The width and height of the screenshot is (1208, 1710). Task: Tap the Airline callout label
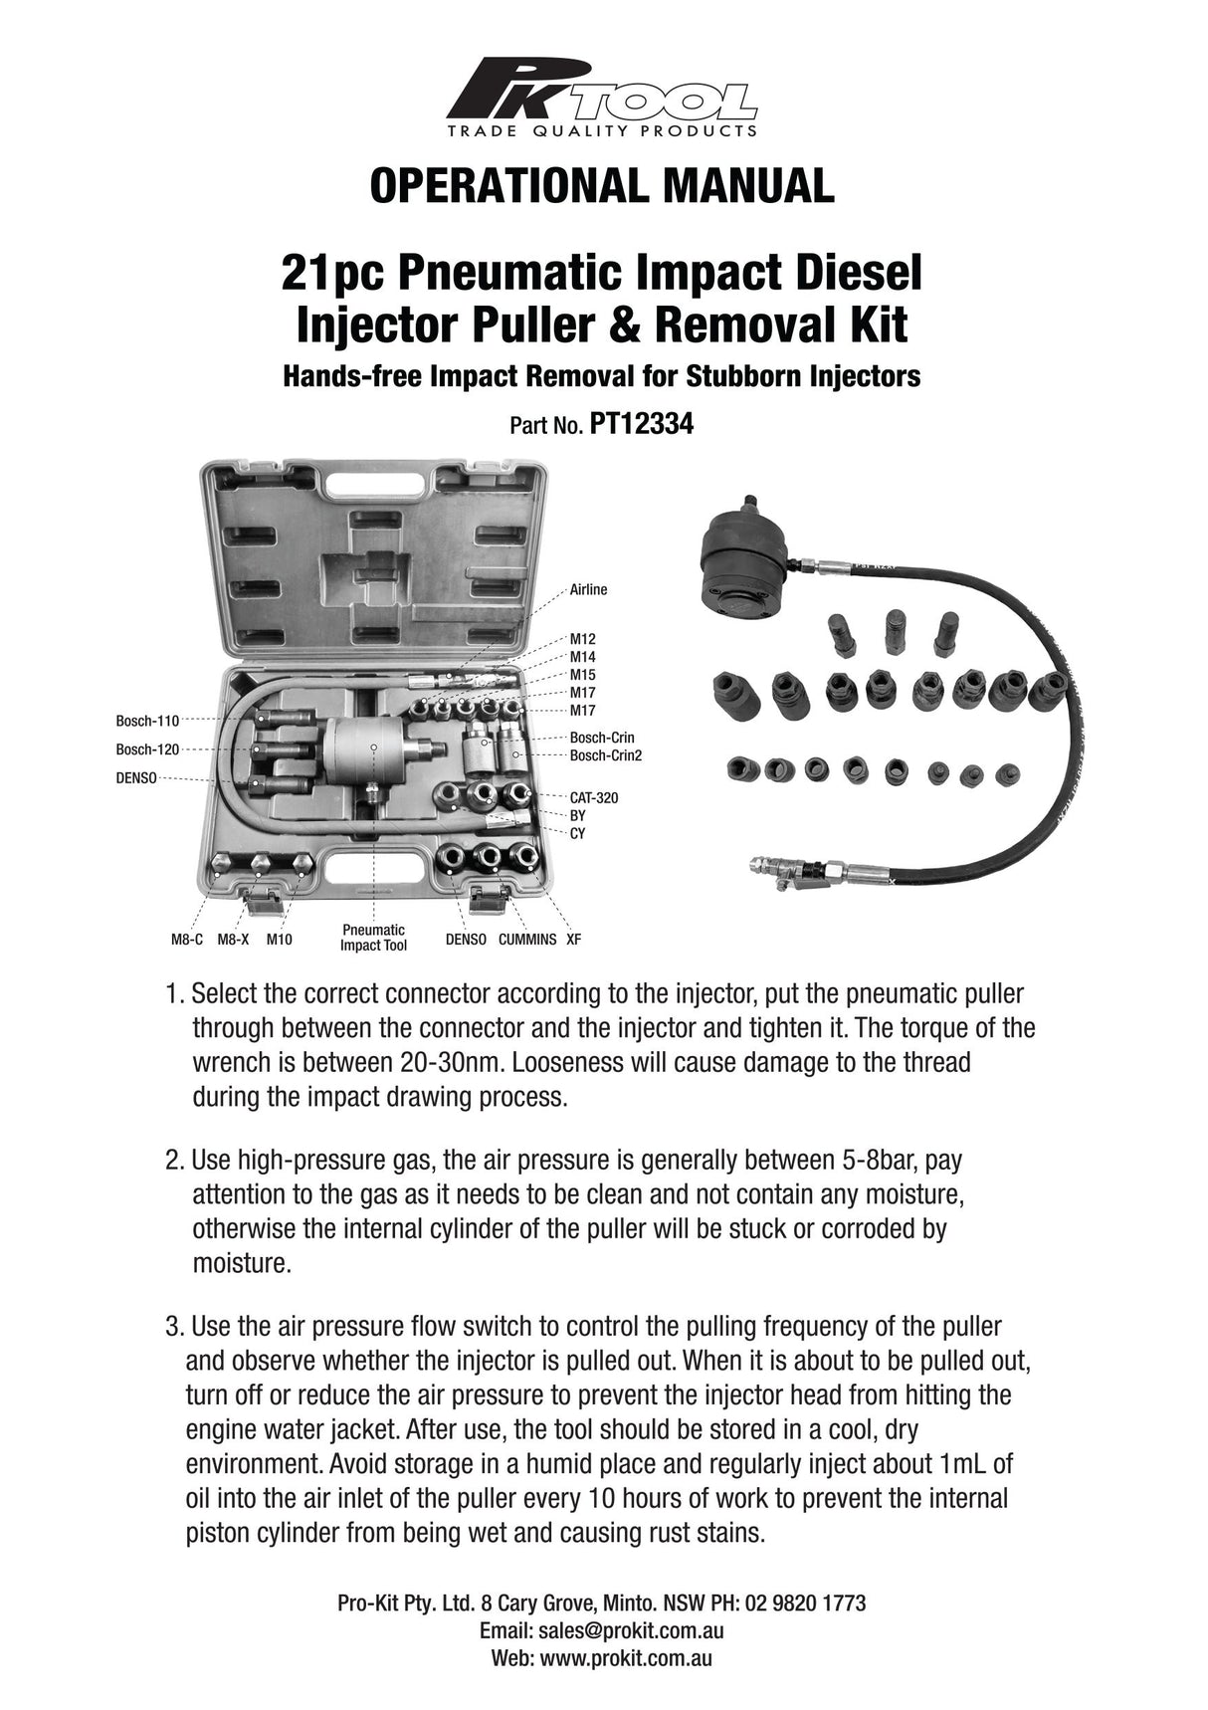[x=588, y=590]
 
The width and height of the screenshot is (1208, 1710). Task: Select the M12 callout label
[x=582, y=639]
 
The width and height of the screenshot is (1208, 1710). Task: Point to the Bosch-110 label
[x=146, y=721]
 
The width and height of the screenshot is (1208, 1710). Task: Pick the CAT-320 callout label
[x=593, y=798]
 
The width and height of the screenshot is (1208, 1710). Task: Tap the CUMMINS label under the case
[x=527, y=940]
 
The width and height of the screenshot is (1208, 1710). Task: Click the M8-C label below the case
[x=187, y=940]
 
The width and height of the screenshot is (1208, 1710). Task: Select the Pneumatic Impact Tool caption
[x=373, y=938]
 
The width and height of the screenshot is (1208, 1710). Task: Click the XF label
[x=574, y=940]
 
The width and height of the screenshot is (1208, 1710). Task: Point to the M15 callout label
[x=582, y=675]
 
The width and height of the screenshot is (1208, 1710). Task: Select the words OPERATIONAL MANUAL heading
[x=601, y=186]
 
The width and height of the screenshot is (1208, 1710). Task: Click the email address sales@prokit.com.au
[x=631, y=1631]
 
